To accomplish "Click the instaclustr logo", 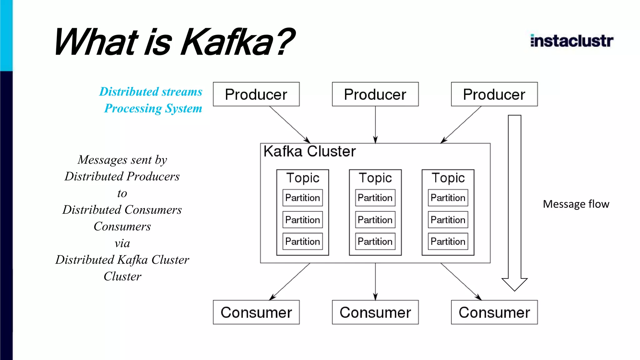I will (x=572, y=41).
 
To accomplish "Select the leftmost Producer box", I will (x=256, y=94).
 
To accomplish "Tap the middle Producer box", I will (x=375, y=94).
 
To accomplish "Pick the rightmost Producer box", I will (x=494, y=94).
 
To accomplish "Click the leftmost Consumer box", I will (x=256, y=312).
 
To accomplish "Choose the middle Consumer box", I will (x=375, y=312).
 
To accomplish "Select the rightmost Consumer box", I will (x=494, y=312).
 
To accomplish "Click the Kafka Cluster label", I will (x=309, y=152).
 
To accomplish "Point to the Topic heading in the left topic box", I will (x=302, y=178).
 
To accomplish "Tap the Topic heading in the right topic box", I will (x=448, y=178).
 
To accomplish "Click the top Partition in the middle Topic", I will (x=375, y=198).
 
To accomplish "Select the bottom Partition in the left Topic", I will (x=302, y=241).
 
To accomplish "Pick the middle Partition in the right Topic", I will (x=448, y=220).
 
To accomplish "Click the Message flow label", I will (x=576, y=204).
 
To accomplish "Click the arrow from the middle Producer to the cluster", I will (x=375, y=125).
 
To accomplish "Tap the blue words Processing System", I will (x=153, y=108).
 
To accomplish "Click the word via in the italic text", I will (x=122, y=243).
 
